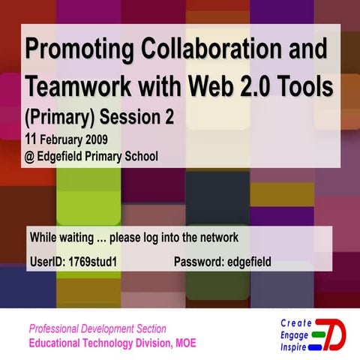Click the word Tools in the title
coord(304,87)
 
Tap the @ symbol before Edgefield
coord(30,157)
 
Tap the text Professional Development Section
coord(97,328)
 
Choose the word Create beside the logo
coord(295,322)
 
